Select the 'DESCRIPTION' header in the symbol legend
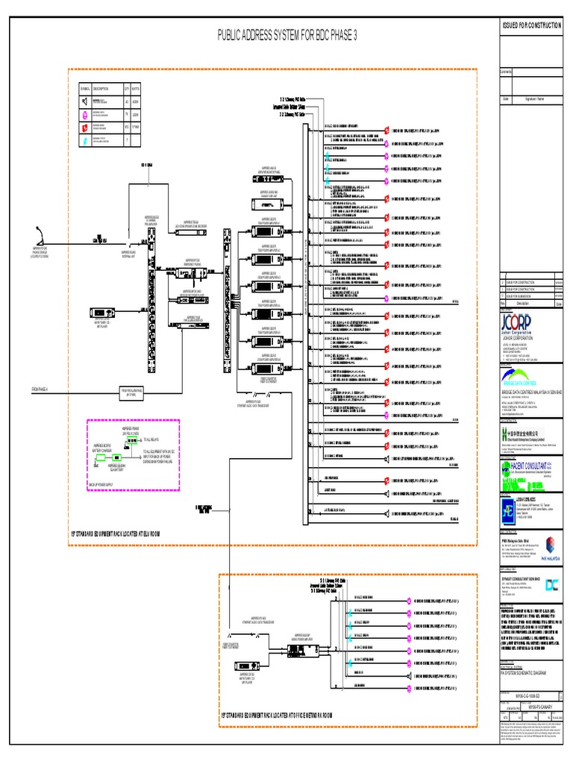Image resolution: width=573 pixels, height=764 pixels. click(101, 89)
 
